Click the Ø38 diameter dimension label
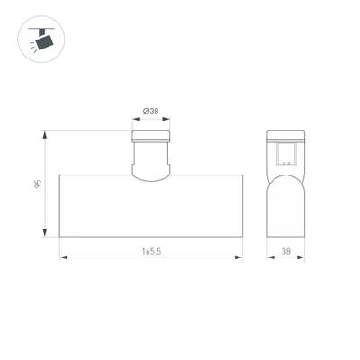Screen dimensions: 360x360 coord(151,112)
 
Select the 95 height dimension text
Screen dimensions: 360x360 coord(38,184)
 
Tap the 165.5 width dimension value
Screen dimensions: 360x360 coord(151,251)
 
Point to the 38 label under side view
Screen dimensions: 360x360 coord(286,251)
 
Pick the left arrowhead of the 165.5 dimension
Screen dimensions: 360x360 coord(63,257)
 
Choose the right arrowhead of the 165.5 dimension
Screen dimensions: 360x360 coord(238,257)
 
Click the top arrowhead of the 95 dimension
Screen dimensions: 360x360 coord(45,135)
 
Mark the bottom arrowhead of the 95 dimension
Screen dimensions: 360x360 coord(45,233)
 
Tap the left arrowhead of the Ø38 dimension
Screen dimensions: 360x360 coord(137,119)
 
